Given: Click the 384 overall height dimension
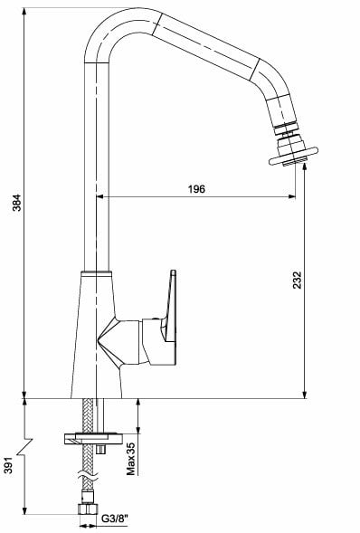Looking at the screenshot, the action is (16, 203).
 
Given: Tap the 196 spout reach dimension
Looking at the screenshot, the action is (197, 189).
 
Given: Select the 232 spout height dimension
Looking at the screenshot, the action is (298, 280).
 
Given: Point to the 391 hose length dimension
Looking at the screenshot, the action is (8, 464).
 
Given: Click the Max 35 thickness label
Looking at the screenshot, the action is (131, 459).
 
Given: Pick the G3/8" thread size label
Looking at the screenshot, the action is (115, 519).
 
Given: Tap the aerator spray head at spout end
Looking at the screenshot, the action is (292, 151).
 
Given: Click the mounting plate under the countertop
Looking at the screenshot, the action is (93, 438).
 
